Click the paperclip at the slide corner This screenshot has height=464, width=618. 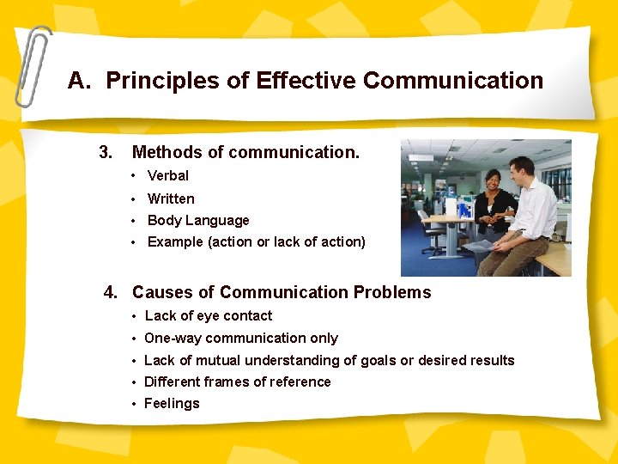point(32,64)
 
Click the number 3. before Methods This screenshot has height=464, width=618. point(106,153)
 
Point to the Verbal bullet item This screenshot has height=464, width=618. point(167,176)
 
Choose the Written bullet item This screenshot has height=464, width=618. point(171,198)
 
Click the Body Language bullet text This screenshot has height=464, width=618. point(198,221)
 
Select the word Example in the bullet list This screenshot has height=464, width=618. point(175,242)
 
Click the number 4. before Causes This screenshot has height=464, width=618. point(111,292)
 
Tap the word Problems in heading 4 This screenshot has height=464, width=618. point(394,292)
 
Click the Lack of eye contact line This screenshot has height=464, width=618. point(208,316)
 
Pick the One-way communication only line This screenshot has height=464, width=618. point(240,339)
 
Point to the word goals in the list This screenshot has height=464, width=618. point(363,361)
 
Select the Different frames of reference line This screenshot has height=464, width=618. point(237,382)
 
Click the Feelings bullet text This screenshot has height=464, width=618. point(172,404)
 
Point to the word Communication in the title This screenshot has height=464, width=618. point(453,81)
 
